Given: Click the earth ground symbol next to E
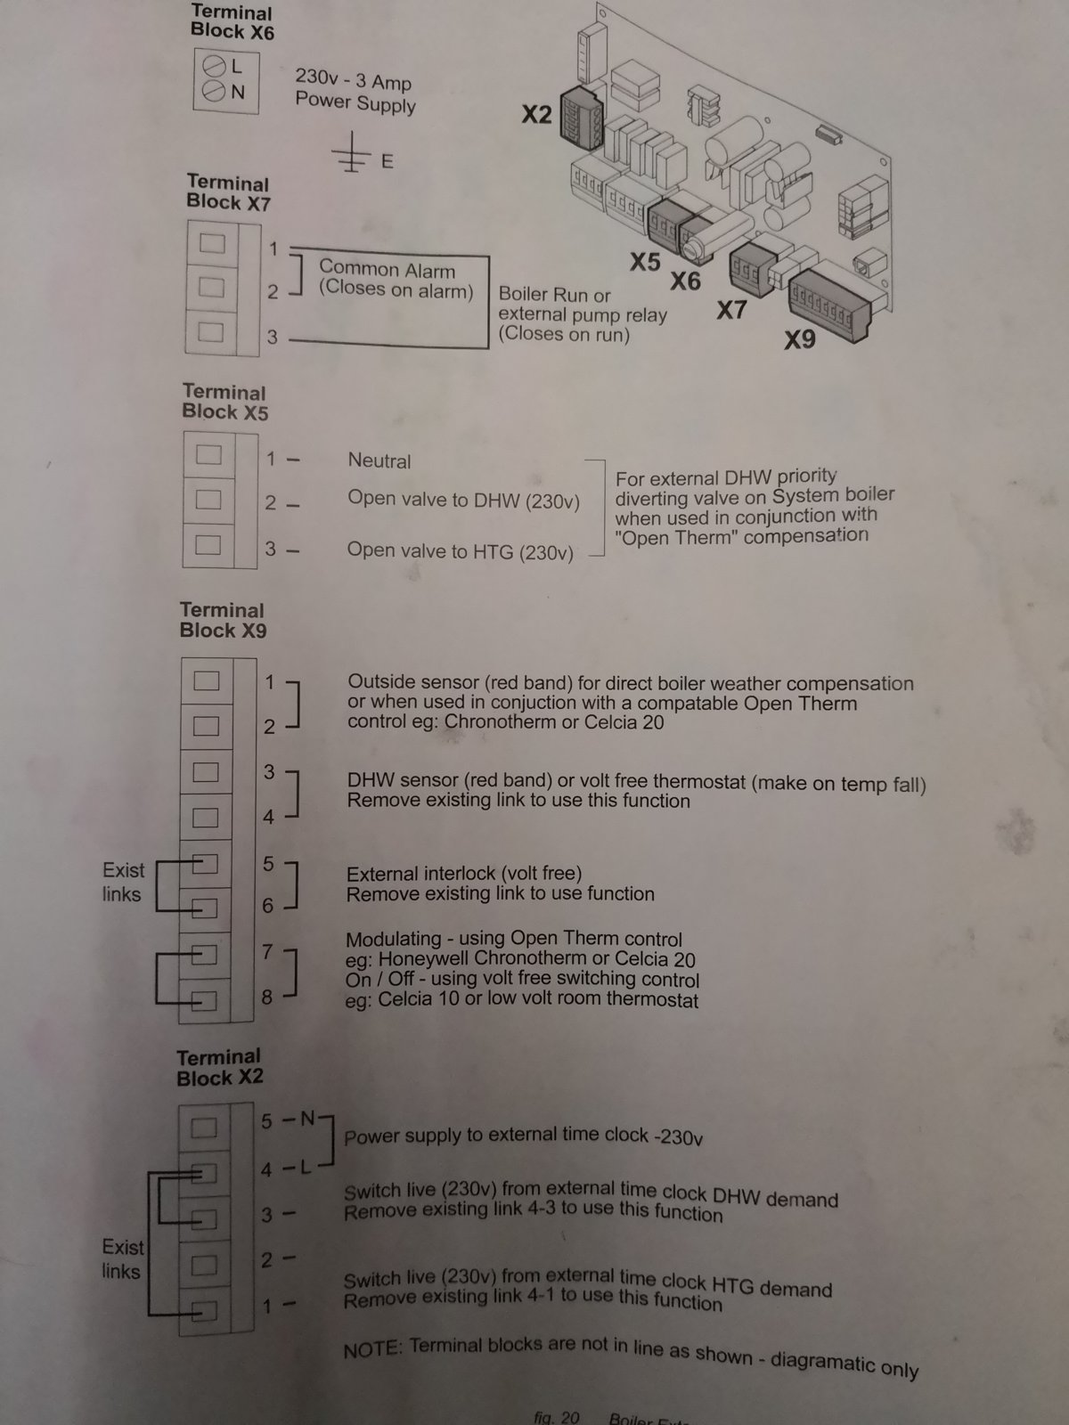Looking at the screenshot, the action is point(351,152).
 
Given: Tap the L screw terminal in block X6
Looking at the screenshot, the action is point(214,66).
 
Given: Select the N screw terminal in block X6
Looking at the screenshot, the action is point(214,91).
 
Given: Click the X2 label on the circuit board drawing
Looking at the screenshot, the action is point(537,114).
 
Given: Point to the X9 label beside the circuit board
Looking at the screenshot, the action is point(800,339).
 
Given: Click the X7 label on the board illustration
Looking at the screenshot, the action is point(731,310).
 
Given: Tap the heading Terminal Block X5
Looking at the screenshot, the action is point(224,402).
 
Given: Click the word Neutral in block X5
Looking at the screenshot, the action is point(379,461).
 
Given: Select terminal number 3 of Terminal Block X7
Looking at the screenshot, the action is point(273,337).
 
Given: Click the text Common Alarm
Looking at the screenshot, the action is point(387,269).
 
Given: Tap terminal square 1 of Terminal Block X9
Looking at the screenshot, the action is point(207,681).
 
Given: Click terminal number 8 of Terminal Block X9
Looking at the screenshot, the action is point(266,997).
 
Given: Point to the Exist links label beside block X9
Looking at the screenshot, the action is point(123,883).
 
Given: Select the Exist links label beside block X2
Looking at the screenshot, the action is point(122,1258).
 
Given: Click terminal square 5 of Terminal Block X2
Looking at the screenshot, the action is point(204,1128).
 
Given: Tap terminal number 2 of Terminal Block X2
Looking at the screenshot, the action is point(266,1260).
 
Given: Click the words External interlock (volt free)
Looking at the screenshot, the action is point(463,874).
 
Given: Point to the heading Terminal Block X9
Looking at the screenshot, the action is point(223,620).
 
